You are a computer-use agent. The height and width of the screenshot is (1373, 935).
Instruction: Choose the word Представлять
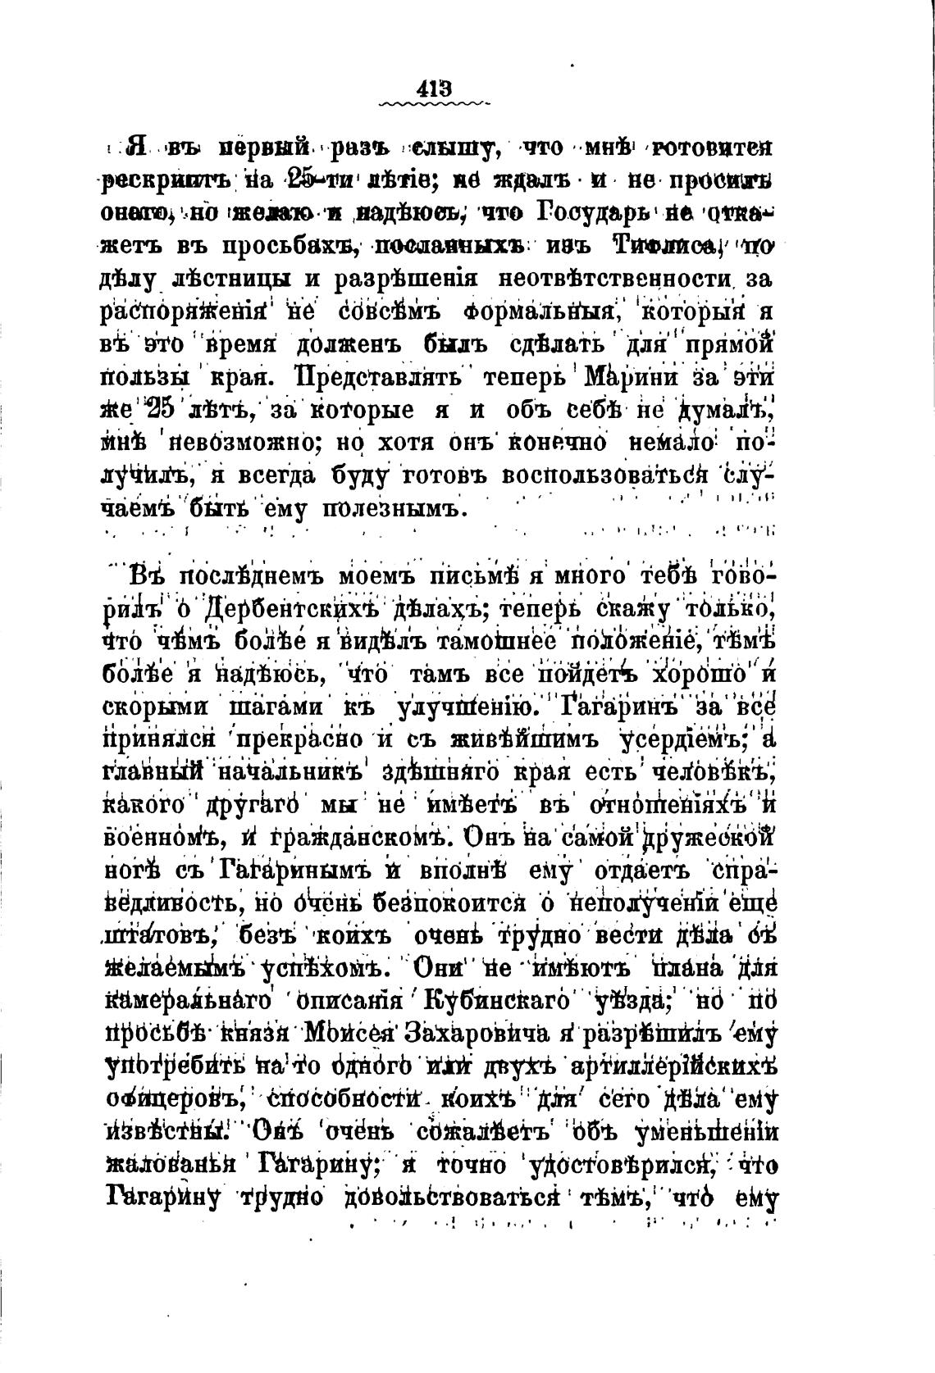(382, 378)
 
